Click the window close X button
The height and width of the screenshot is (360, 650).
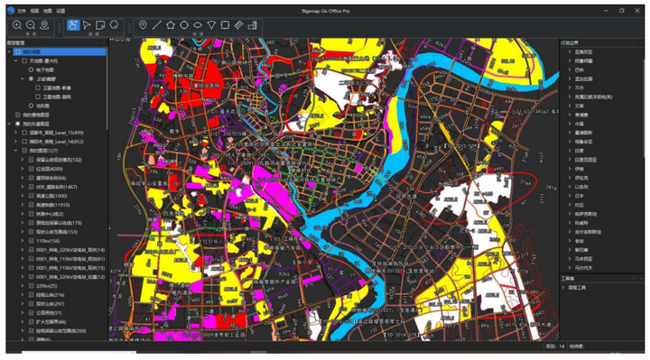coord(639,10)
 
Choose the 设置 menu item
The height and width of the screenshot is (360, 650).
coord(60,10)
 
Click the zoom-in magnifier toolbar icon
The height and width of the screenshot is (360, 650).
coord(17,24)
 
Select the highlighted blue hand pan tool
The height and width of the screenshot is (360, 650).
coord(73,24)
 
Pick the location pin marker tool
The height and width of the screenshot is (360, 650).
coord(143,24)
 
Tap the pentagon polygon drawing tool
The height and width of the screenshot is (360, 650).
coord(170,24)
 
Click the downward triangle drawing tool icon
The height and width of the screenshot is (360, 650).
coord(211,24)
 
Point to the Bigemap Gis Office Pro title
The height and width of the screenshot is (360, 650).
coord(324,10)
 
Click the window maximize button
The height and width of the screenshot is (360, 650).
coord(620,10)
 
